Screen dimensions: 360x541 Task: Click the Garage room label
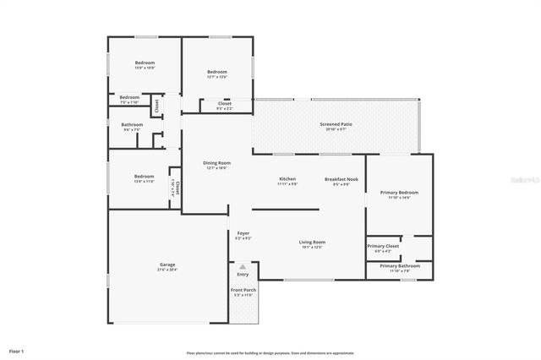click(167, 265)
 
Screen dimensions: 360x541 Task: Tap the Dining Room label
click(216, 162)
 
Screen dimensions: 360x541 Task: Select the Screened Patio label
click(336, 125)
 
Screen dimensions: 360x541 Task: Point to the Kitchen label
click(287, 179)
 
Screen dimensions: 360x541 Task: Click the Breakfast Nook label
click(341, 179)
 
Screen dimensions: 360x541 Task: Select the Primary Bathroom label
click(399, 266)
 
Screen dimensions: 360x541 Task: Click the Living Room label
click(312, 243)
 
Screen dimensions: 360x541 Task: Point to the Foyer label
click(243, 233)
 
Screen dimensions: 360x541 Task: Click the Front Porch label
click(243, 291)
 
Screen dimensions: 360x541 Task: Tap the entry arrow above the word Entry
click(243, 266)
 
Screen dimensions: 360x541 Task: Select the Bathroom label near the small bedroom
click(133, 125)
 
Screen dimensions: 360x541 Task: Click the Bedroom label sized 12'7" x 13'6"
click(217, 73)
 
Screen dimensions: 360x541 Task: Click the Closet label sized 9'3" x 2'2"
click(224, 104)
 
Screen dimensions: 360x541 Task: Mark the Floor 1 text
click(17, 350)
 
